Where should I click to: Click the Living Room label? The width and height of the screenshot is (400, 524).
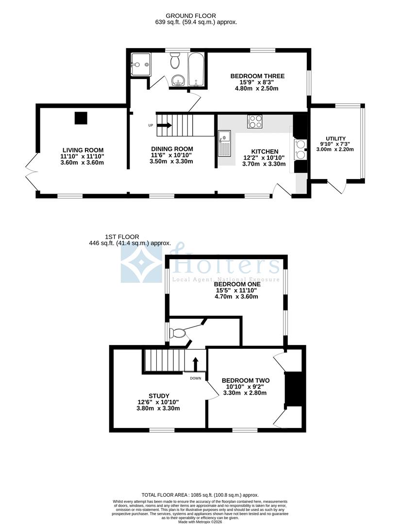tap(83, 150)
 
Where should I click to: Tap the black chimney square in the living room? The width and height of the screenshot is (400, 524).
tap(81, 118)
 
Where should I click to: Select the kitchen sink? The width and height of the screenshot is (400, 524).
tap(225, 144)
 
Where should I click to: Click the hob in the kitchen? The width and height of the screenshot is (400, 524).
tap(255, 121)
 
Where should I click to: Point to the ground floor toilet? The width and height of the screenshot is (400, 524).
tap(175, 62)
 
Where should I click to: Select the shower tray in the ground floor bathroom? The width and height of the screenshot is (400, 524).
tap(141, 65)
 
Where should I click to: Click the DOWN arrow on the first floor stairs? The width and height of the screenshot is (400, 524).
tap(196, 364)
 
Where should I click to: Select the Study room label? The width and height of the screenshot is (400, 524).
tap(158, 396)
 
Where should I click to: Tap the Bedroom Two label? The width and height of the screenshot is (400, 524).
tap(245, 380)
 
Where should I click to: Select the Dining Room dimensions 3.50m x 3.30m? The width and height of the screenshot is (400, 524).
tap(172, 161)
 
